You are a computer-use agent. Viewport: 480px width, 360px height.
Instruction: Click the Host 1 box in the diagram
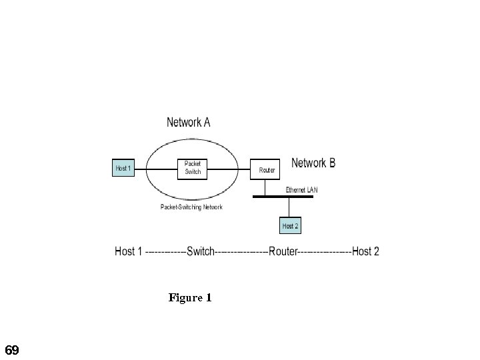(123, 169)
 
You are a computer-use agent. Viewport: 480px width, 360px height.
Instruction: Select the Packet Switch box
(193, 168)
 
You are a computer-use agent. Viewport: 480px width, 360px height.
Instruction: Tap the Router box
(267, 170)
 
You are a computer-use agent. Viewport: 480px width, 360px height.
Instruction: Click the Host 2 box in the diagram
(290, 226)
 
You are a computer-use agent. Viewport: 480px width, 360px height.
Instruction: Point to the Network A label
(188, 122)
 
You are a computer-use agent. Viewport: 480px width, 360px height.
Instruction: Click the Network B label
(313, 163)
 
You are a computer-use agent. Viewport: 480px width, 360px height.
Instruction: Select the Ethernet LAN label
(301, 190)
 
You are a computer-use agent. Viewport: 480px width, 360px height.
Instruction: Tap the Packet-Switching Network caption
(191, 207)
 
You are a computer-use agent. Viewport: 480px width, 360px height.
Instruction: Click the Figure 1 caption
(190, 297)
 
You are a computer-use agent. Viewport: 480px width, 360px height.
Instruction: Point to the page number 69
(11, 350)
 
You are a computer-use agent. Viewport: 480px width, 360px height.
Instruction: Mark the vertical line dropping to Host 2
(289, 208)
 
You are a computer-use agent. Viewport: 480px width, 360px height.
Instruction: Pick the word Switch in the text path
(201, 251)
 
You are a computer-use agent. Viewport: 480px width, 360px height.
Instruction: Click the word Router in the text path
(283, 251)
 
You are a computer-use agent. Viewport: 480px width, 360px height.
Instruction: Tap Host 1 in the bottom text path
(129, 251)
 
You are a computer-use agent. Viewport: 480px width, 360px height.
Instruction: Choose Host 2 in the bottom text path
(365, 251)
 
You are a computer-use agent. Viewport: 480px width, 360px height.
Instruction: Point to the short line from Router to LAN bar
(265, 187)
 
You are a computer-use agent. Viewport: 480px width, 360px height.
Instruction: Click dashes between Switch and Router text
(241, 251)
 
